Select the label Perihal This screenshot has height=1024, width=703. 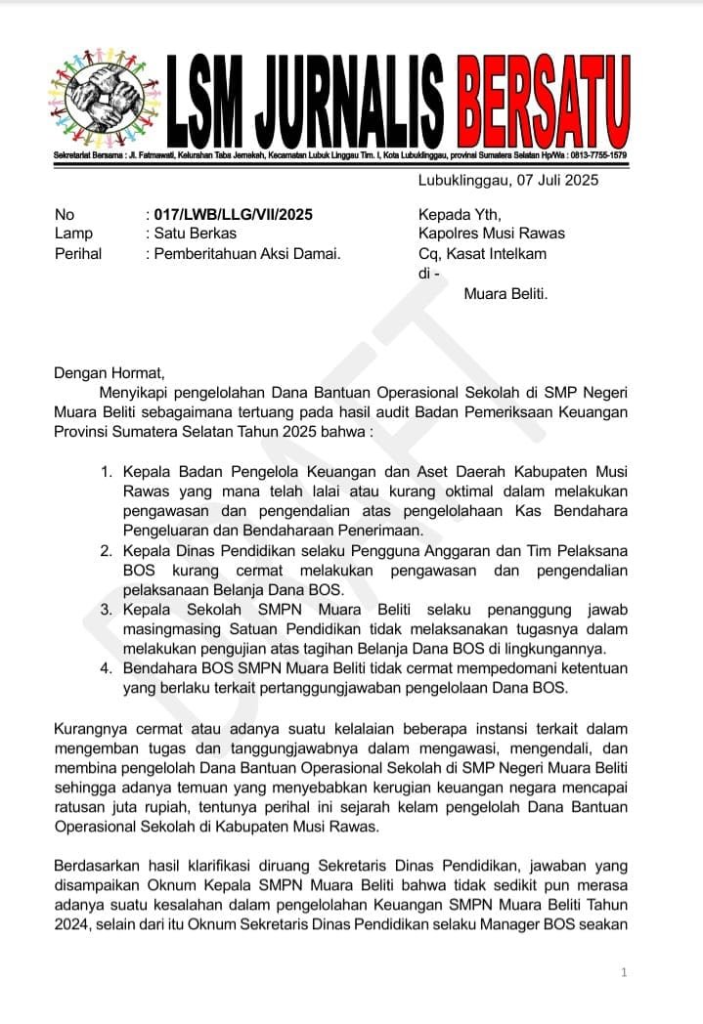click(78, 254)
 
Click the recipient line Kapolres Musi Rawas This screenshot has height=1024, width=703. click(491, 234)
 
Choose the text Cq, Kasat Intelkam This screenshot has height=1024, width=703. click(482, 254)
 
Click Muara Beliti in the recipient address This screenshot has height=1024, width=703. click(505, 293)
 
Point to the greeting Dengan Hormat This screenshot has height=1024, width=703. click(110, 371)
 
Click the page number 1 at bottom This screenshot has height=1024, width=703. click(624, 972)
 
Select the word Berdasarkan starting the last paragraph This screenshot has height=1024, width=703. click(96, 867)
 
